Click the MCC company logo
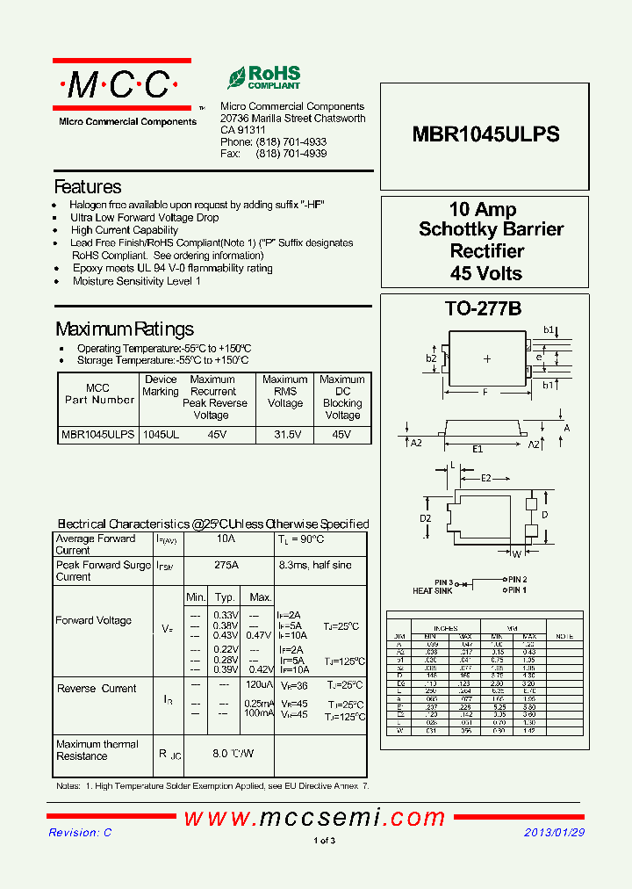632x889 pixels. point(121,85)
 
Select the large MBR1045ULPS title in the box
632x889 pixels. point(485,134)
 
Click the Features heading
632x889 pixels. point(88,187)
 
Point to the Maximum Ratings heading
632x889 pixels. point(125,329)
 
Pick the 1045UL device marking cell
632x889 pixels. point(161,435)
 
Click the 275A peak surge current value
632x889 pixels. point(226,566)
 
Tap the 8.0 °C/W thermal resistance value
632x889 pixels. point(233,753)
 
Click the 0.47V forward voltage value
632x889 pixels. point(259,635)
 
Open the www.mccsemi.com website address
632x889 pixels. point(314,817)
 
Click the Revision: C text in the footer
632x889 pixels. point(80,832)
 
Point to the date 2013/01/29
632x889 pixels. point(554,832)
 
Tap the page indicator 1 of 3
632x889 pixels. point(324,841)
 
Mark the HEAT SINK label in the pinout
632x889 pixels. point(433,591)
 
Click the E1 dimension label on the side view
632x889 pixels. point(478,449)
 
